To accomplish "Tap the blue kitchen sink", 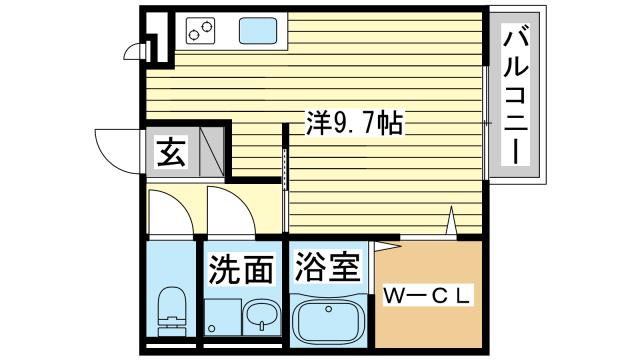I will tap(259, 33).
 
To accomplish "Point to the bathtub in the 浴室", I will tap(328, 321).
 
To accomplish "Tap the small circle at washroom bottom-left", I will tap(211, 327).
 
